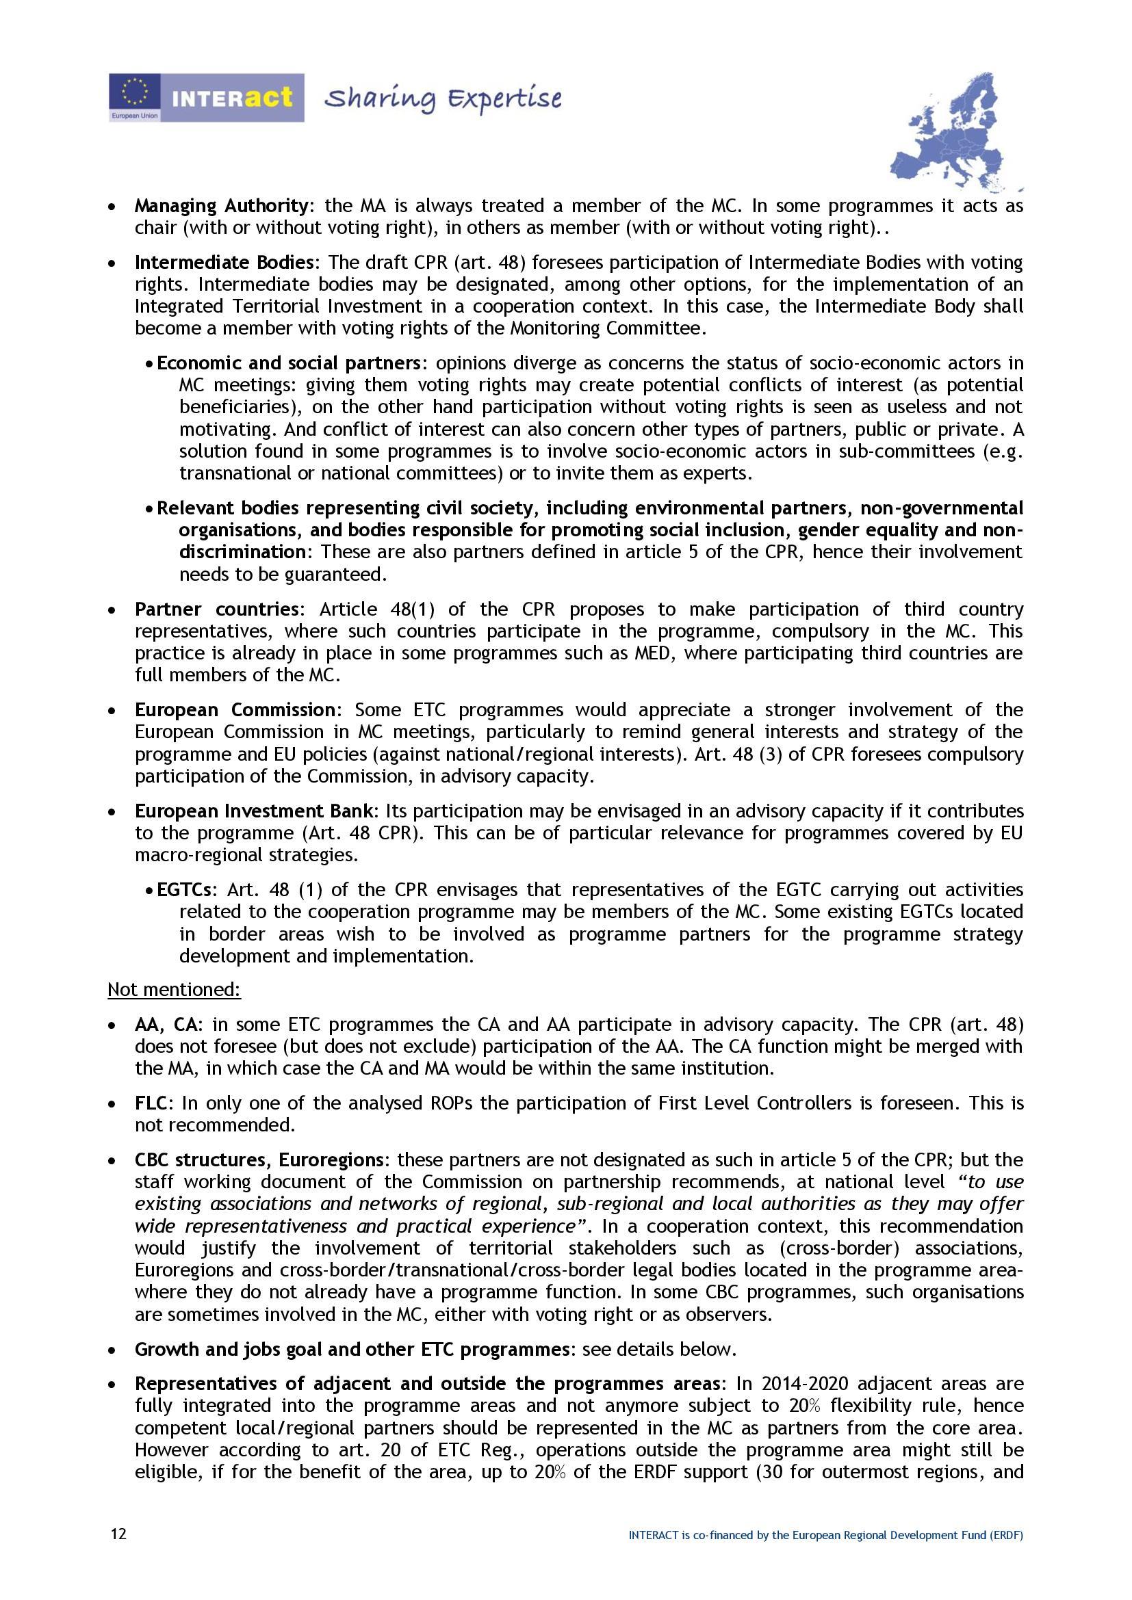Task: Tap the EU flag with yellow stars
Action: (135, 92)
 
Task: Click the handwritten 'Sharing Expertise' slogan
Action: (443, 99)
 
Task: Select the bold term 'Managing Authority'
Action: (221, 206)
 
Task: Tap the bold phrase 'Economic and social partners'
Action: (289, 363)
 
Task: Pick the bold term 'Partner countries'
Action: (216, 609)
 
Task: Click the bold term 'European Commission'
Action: (235, 710)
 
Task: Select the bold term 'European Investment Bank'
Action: (256, 811)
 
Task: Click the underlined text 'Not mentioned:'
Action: (174, 990)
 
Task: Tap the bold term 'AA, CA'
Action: (167, 1025)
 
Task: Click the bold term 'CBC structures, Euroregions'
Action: (259, 1160)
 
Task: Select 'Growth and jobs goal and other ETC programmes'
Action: (352, 1350)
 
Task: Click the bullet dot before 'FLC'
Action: (112, 1105)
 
